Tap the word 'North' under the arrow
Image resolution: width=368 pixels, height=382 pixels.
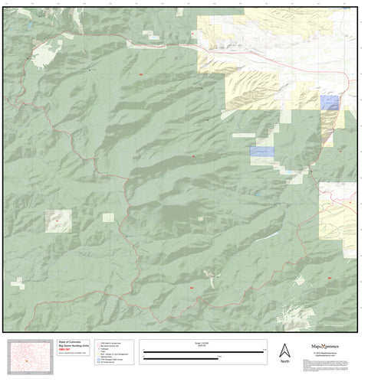(x=284, y=361)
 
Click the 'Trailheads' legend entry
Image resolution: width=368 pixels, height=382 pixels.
(x=107, y=351)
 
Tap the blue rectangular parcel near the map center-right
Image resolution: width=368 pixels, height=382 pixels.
(x=262, y=152)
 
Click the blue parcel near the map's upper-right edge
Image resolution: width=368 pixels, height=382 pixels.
(x=330, y=103)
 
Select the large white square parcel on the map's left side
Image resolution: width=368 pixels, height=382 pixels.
(x=58, y=220)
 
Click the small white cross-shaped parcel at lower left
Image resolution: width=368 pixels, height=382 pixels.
(x=18, y=284)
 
